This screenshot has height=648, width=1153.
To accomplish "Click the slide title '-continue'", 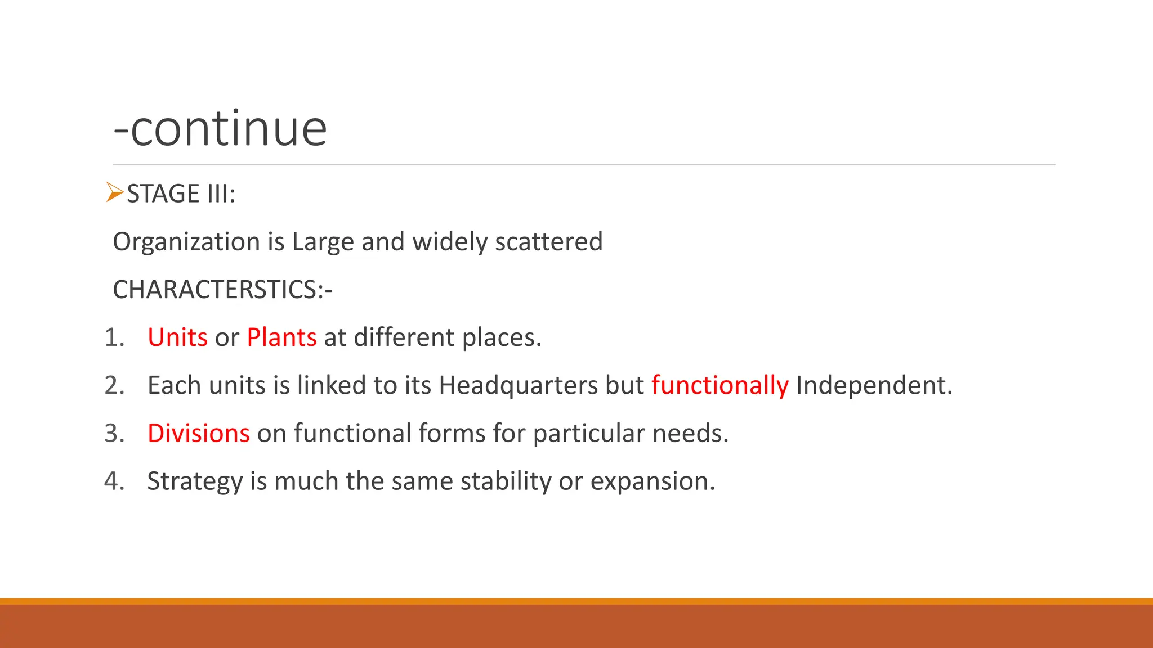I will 220,129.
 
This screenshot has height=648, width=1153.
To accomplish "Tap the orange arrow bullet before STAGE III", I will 114,192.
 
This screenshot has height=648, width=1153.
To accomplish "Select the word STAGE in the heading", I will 163,194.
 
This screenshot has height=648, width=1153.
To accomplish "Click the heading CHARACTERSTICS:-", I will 223,290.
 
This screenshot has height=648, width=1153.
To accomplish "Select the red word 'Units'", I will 177,337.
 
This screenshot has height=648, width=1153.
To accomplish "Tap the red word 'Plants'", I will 281,337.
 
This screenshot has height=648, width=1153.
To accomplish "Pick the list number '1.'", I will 114,337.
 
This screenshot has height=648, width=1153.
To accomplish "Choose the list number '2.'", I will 114,385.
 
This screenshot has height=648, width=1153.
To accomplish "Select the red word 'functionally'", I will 720,386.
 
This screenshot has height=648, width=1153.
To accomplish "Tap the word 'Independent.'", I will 874,386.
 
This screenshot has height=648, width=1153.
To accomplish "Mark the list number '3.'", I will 114,433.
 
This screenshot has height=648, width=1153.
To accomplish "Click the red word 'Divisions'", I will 198,433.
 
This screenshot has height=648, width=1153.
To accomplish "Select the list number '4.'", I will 114,481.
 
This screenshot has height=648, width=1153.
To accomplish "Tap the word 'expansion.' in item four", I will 653,481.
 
